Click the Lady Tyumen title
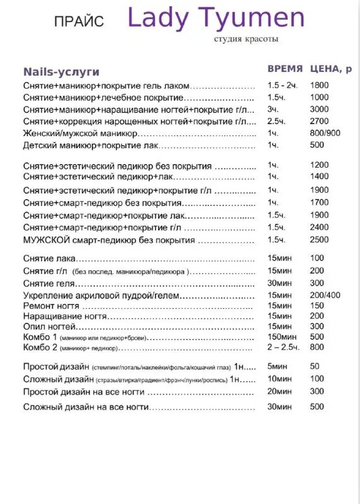point(216,18)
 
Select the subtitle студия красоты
point(246,39)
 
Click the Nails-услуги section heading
point(61,72)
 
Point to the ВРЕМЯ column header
point(285,69)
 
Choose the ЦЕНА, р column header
point(331,69)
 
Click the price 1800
point(320,85)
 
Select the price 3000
point(320,109)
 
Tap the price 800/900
point(325,133)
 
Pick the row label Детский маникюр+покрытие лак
point(90,146)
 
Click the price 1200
point(320,164)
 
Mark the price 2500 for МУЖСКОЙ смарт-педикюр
point(320,239)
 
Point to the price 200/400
point(325,295)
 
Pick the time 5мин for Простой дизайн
point(277,366)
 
